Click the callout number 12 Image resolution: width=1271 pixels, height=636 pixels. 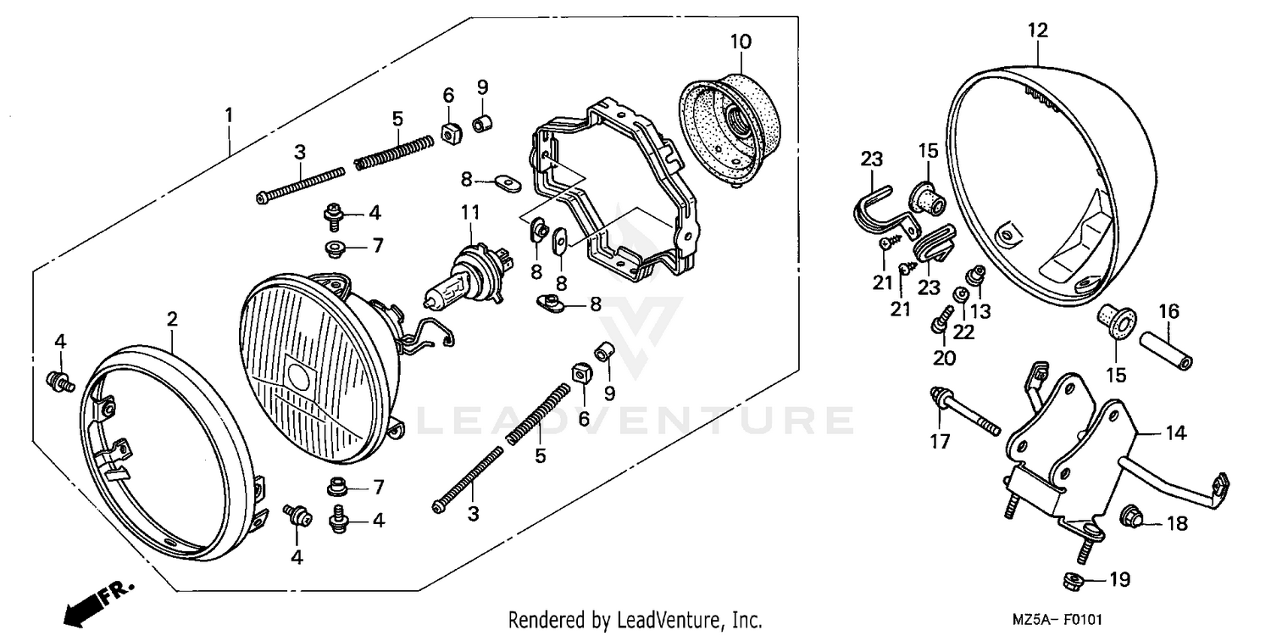pyautogui.click(x=1038, y=31)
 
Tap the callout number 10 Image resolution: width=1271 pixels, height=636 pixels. pyautogui.click(x=739, y=41)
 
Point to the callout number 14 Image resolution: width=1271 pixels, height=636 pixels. pyautogui.click(x=1174, y=434)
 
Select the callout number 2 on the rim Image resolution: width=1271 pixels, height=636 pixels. pyautogui.click(x=172, y=319)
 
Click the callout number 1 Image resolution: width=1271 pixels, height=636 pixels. pyautogui.click(x=228, y=114)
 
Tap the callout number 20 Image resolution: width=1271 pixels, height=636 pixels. pyautogui.click(x=944, y=358)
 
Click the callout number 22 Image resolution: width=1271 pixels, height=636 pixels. pyautogui.click(x=963, y=332)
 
